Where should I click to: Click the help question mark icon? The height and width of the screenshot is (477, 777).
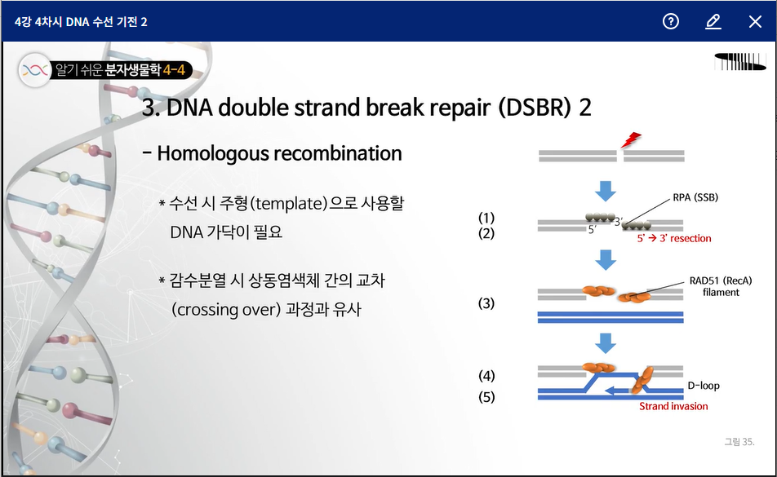tap(671, 21)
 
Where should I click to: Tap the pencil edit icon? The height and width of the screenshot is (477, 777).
tap(713, 22)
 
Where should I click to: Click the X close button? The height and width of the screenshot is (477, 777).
tap(755, 22)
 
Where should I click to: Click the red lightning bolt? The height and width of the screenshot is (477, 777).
tap(631, 140)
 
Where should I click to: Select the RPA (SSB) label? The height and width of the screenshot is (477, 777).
tap(695, 197)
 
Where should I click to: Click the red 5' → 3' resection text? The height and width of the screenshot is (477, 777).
tap(674, 238)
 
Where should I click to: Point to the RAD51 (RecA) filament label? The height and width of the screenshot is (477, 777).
tap(721, 286)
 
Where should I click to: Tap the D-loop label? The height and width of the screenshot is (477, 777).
tap(704, 386)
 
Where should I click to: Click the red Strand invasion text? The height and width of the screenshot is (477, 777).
tap(673, 406)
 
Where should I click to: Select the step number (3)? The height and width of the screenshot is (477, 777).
tap(486, 303)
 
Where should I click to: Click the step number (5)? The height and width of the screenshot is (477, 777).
tap(486, 397)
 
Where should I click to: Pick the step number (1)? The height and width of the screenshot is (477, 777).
tap(486, 218)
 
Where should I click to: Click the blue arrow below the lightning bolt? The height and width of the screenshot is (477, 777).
tap(605, 191)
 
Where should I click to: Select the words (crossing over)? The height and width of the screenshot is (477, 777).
tap(226, 310)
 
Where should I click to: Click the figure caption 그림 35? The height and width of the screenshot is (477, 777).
tap(739, 442)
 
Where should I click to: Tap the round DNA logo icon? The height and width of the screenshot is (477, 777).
tap(34, 70)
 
